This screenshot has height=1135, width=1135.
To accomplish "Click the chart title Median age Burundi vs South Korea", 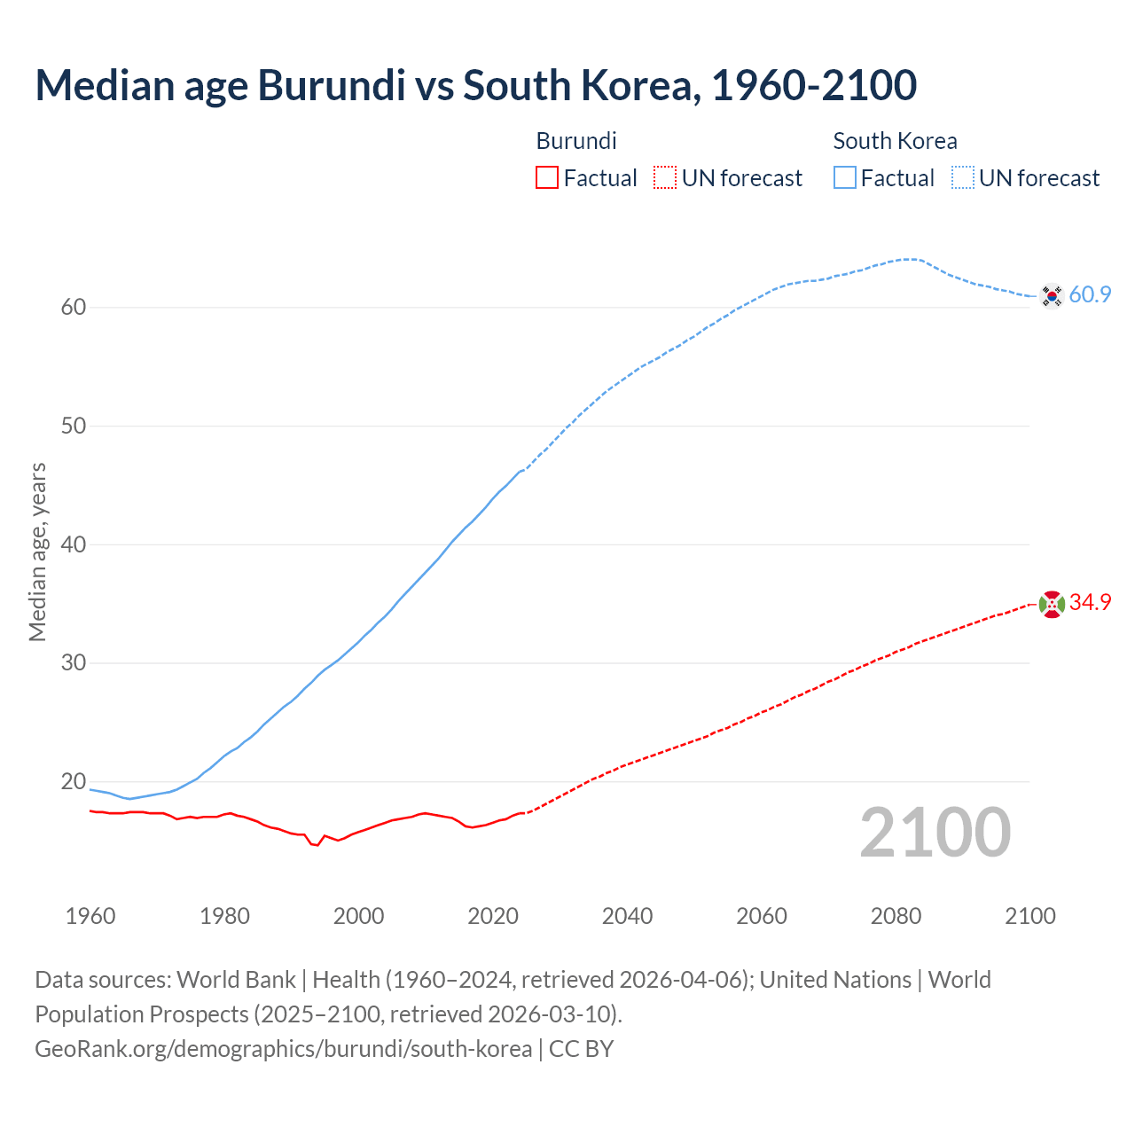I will pos(475,85).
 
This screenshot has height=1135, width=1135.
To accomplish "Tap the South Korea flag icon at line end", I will pos(1052,295).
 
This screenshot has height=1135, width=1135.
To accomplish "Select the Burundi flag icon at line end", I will pos(1052,604).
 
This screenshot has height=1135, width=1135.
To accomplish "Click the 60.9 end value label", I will pos(1090,295).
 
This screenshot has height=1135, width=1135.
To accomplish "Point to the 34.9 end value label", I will pos(1090,603).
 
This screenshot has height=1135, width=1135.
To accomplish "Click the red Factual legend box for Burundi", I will pos(547,178).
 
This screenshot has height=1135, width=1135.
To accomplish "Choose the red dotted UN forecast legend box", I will pos(665,178).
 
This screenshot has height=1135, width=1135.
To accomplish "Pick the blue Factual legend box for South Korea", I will pos(845,178).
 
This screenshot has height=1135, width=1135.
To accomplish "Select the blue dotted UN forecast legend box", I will pos(963,178).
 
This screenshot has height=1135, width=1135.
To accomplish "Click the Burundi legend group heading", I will pos(576,141).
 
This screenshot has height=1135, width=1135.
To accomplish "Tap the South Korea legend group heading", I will pos(895,141).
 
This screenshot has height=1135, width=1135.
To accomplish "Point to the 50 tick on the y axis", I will pos(74,426).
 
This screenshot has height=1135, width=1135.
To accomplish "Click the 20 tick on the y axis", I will pos(74,782).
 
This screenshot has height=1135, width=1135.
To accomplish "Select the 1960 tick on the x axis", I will pos(90,916).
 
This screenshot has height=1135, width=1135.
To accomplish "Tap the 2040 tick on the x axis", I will pos(627,916).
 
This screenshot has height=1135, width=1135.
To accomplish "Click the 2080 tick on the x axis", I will pos(896,916).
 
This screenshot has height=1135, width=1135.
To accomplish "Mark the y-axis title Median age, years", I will pos(37,552).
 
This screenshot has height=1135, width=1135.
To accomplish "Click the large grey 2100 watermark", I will pos(935,832).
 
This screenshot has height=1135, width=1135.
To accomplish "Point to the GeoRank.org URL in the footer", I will pos(283,1049).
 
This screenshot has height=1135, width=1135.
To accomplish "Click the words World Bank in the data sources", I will pos(236,980).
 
